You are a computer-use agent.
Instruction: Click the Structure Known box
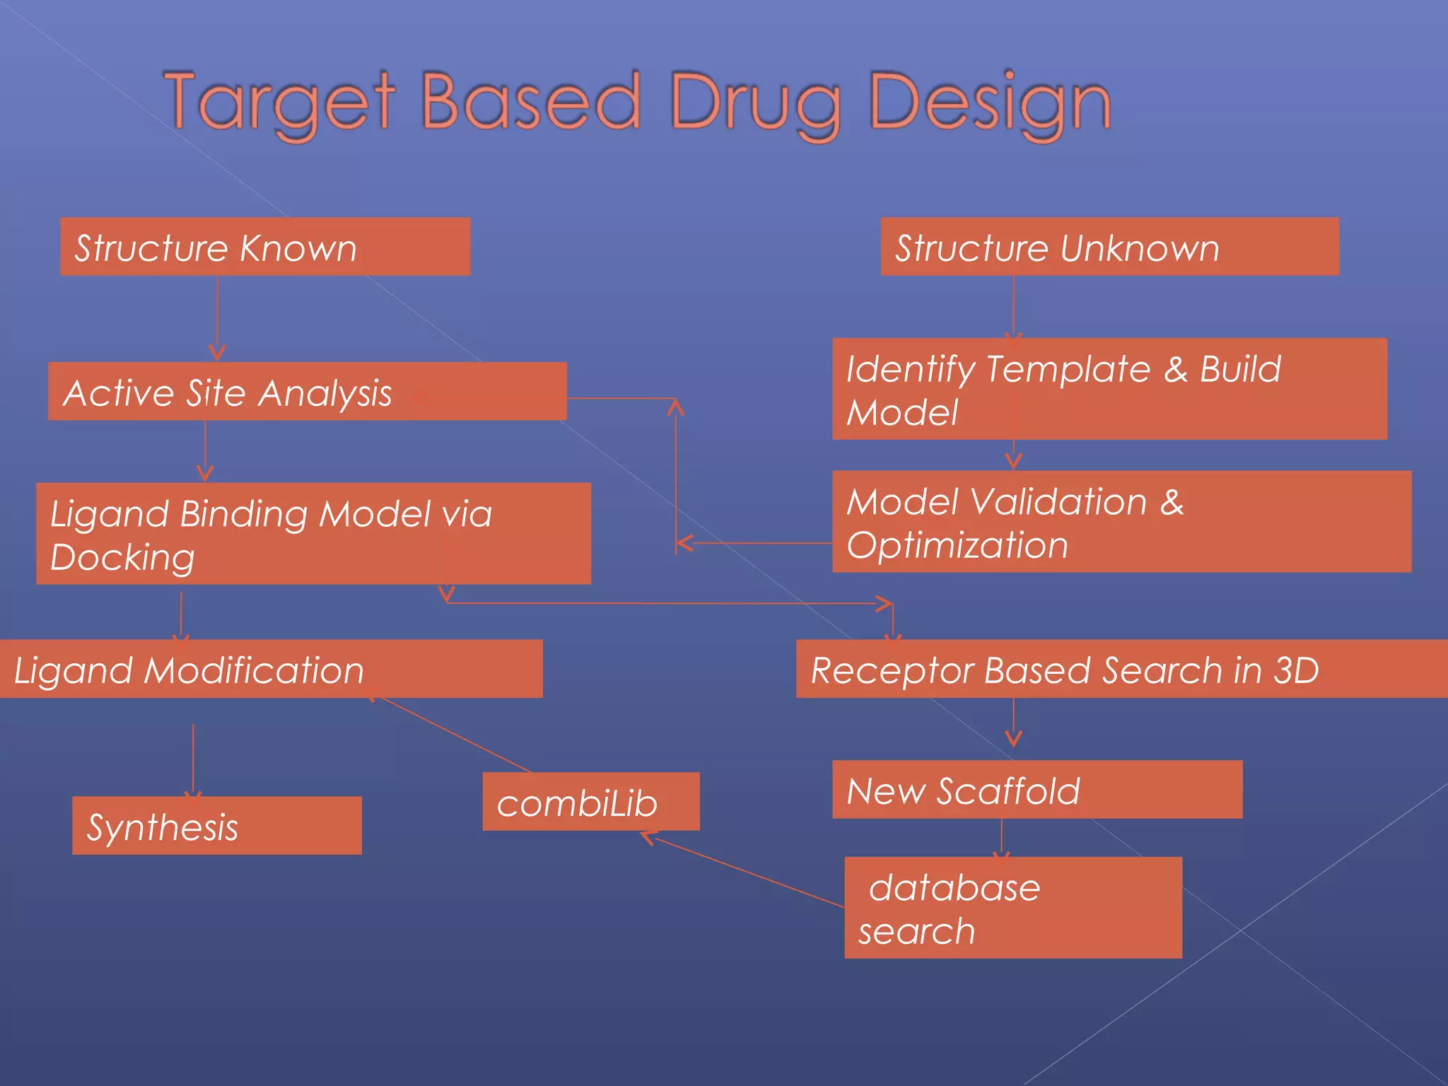pos(265,246)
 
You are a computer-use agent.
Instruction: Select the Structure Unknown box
pos(1109,246)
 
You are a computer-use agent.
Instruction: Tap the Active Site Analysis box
pos(307,391)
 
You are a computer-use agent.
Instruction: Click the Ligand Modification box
pos(271,669)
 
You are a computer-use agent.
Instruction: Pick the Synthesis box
pos(216,826)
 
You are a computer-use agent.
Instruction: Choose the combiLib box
pos(590,801)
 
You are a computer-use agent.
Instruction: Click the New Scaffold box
pos(1037,789)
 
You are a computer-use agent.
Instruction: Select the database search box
pos(1012,908)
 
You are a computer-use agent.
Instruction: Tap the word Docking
pos(122,558)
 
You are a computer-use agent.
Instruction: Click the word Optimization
pos(957,546)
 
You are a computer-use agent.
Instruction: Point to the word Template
pos(1068,369)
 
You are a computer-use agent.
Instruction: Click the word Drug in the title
pos(756,103)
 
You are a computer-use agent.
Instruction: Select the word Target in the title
pos(279,103)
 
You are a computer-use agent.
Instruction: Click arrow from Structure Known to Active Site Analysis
pos(217,318)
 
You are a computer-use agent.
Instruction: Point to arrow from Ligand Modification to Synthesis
pos(193,760)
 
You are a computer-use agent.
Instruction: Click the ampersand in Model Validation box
pos(1172,502)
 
